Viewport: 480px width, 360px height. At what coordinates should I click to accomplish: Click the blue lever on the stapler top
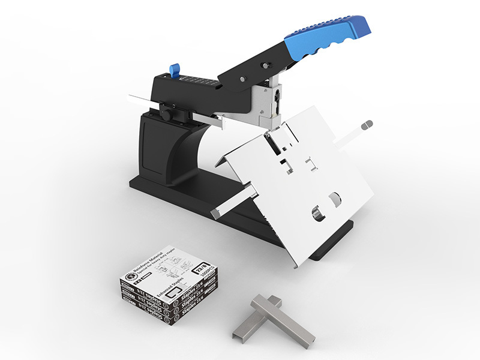[x=175, y=70]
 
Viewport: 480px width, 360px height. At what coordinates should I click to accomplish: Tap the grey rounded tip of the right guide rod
[x=368, y=124]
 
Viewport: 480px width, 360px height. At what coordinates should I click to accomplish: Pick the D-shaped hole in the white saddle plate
[x=333, y=197]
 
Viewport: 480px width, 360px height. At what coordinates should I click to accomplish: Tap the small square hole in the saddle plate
[x=310, y=162]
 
